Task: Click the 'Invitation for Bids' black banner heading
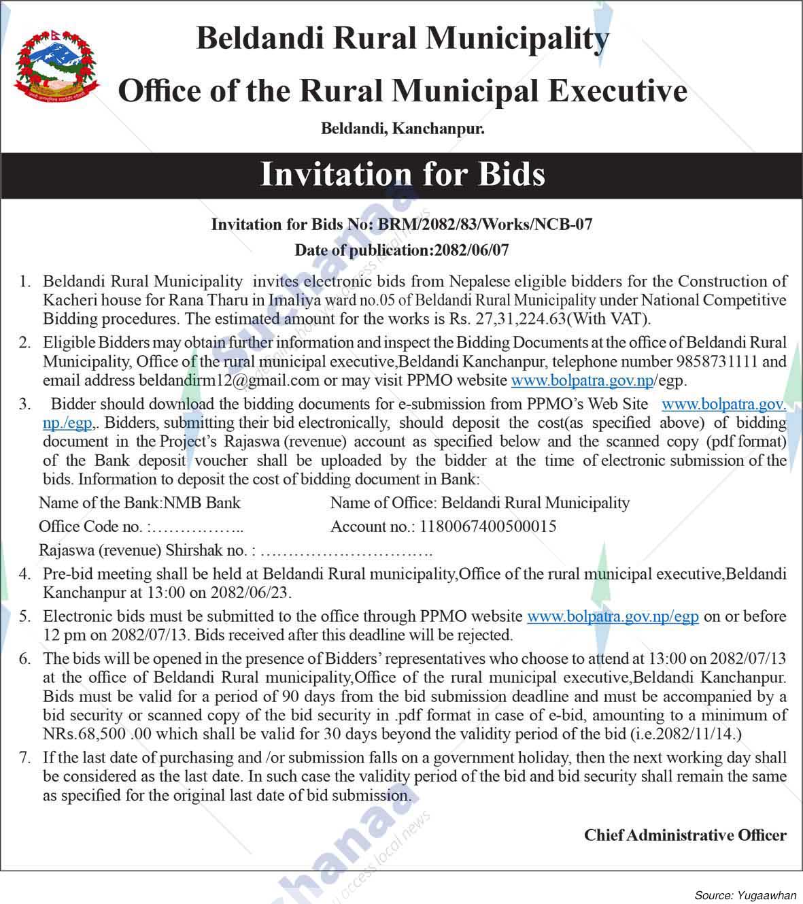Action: pos(402,174)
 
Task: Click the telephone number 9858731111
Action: pos(722,361)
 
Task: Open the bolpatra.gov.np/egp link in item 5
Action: pos(613,616)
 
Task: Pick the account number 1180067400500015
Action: pos(488,526)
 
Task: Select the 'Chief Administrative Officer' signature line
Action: pos(685,835)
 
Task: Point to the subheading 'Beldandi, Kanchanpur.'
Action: pos(402,128)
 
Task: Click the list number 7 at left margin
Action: pos(24,757)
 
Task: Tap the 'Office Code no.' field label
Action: pos(90,526)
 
